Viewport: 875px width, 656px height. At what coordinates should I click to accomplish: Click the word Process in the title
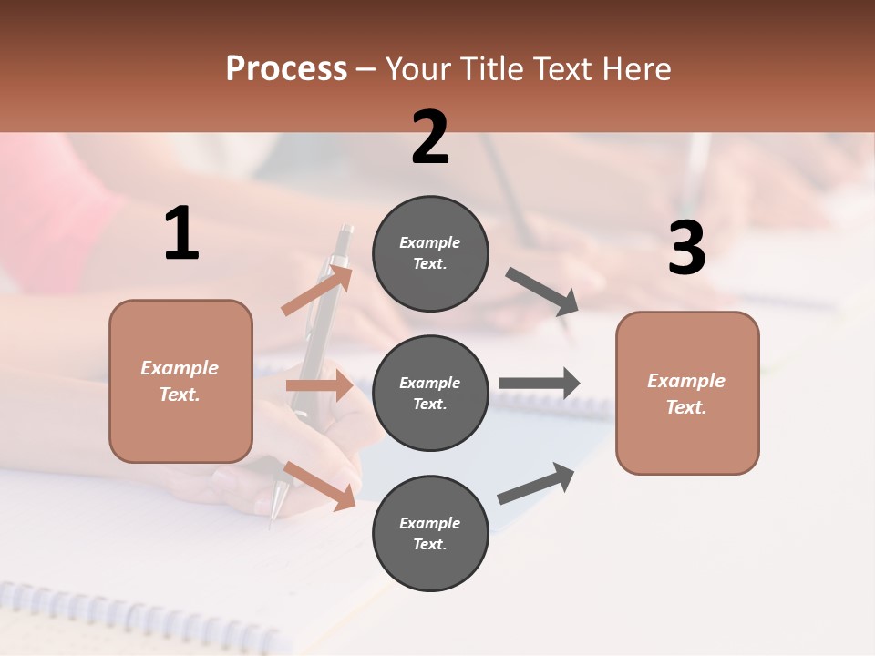(286, 69)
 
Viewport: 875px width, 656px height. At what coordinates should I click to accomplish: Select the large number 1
(181, 234)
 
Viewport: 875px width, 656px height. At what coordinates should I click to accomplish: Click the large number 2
(430, 138)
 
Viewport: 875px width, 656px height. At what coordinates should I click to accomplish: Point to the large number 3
(686, 249)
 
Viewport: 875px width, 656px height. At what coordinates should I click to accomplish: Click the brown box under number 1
(180, 381)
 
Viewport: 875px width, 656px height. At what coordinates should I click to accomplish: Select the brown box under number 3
(687, 393)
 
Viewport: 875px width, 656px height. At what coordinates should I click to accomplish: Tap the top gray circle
(430, 253)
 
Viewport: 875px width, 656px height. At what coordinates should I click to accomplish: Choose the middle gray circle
(430, 393)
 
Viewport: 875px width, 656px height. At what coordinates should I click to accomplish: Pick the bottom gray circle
(430, 533)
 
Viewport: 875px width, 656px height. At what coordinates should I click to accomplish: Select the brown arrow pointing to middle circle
(320, 385)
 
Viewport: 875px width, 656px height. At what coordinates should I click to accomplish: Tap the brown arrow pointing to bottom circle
(320, 486)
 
